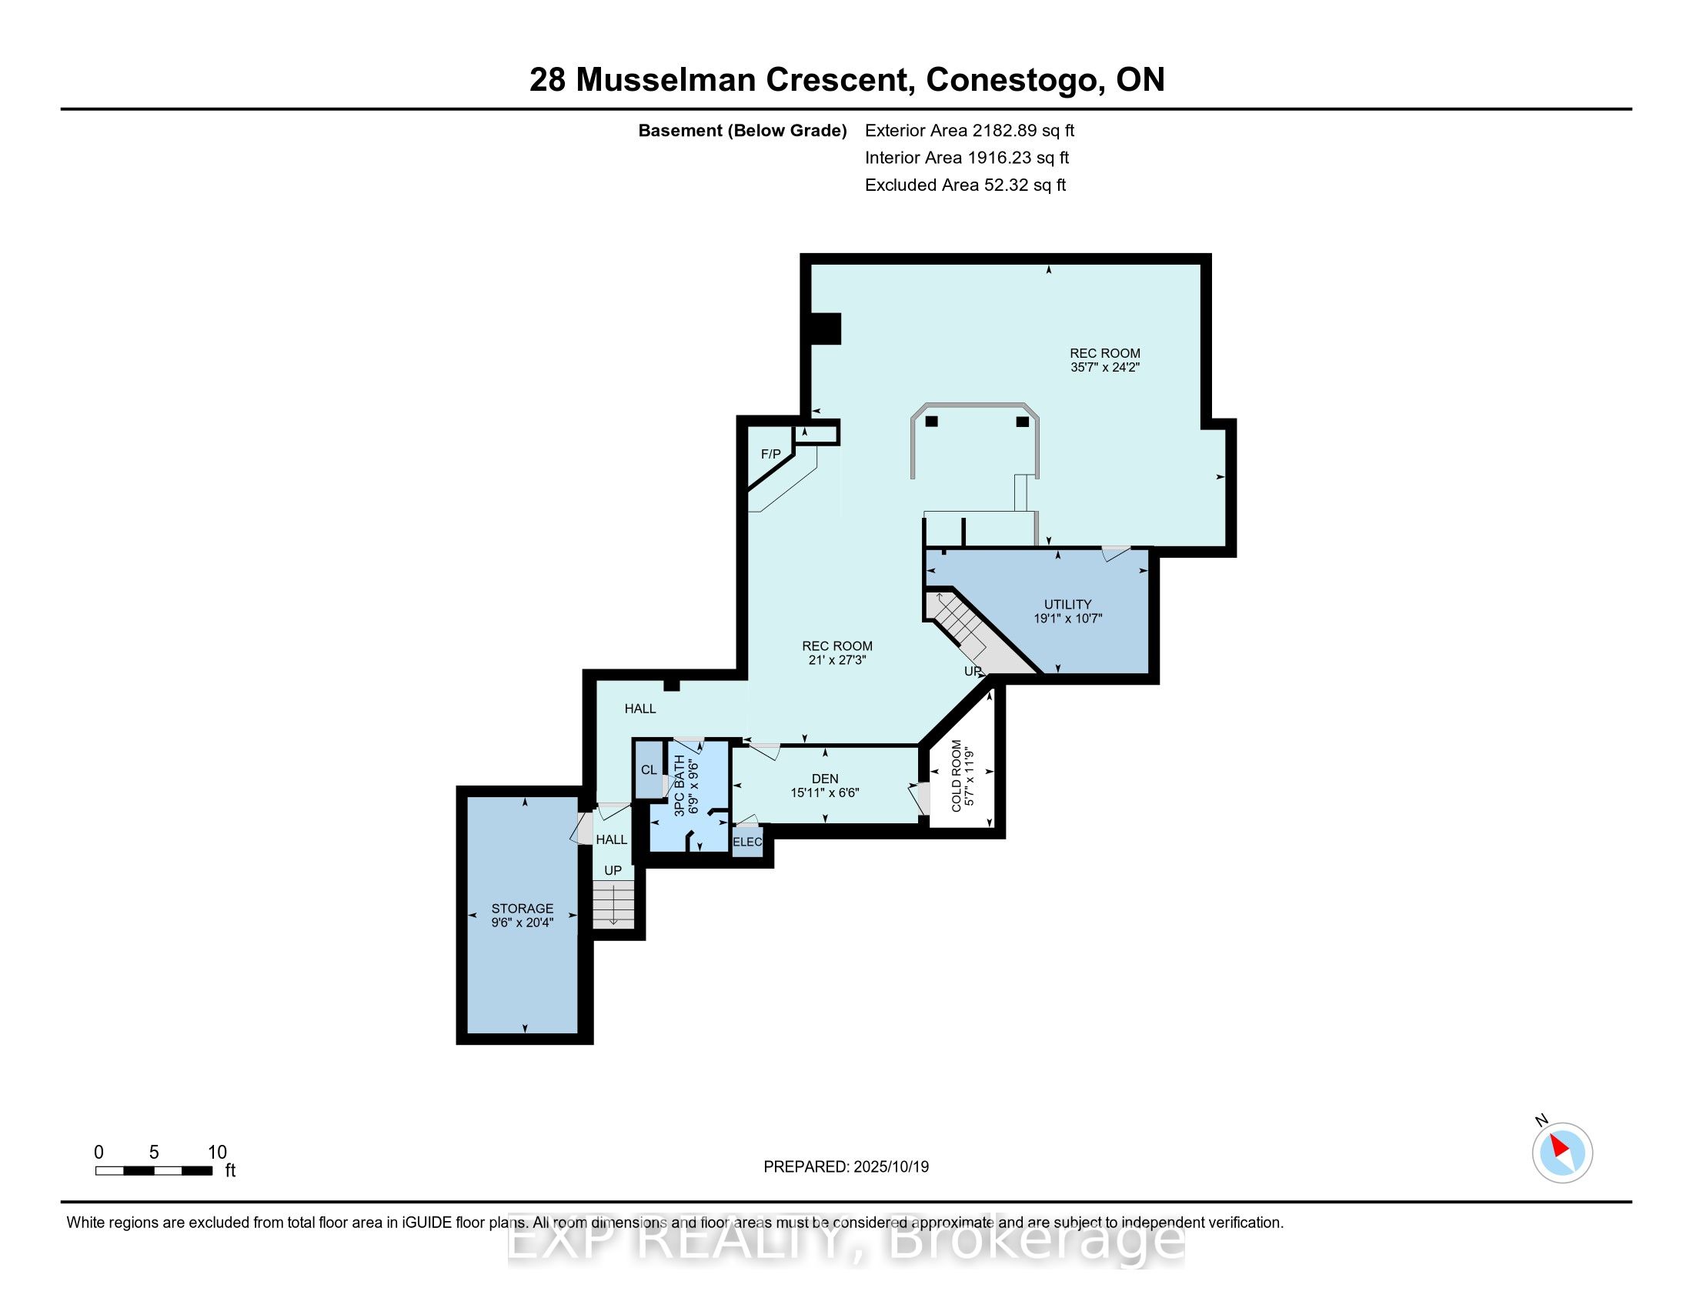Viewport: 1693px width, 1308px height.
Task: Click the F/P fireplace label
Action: [x=770, y=454]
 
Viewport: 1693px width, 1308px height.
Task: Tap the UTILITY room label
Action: [x=1067, y=605]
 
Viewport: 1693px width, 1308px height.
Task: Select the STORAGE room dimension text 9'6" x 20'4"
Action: [x=522, y=923]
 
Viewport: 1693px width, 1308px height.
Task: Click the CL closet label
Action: [x=649, y=770]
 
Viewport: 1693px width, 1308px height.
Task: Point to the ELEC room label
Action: [x=747, y=843]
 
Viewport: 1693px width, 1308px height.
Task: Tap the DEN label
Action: [x=825, y=779]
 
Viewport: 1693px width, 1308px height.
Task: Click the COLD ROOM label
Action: [x=956, y=776]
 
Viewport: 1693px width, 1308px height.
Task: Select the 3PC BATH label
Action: [x=680, y=785]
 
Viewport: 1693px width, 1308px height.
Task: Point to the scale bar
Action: [x=153, y=1171]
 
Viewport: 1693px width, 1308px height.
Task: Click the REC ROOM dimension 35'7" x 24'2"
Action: [x=1104, y=368]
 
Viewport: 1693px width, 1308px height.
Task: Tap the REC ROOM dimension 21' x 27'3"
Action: [x=836, y=660]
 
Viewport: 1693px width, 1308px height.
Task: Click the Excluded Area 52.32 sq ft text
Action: [x=965, y=185]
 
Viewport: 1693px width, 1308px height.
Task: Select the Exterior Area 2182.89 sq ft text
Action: [x=969, y=131]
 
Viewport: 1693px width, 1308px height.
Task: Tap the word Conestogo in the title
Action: [x=1015, y=80]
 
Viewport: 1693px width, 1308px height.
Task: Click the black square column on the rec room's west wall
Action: [x=826, y=329]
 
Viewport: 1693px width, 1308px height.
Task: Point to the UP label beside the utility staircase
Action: [x=972, y=671]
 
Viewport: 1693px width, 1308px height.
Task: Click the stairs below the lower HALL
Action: [x=613, y=905]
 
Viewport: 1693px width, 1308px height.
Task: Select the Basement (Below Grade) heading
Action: [x=742, y=131]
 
